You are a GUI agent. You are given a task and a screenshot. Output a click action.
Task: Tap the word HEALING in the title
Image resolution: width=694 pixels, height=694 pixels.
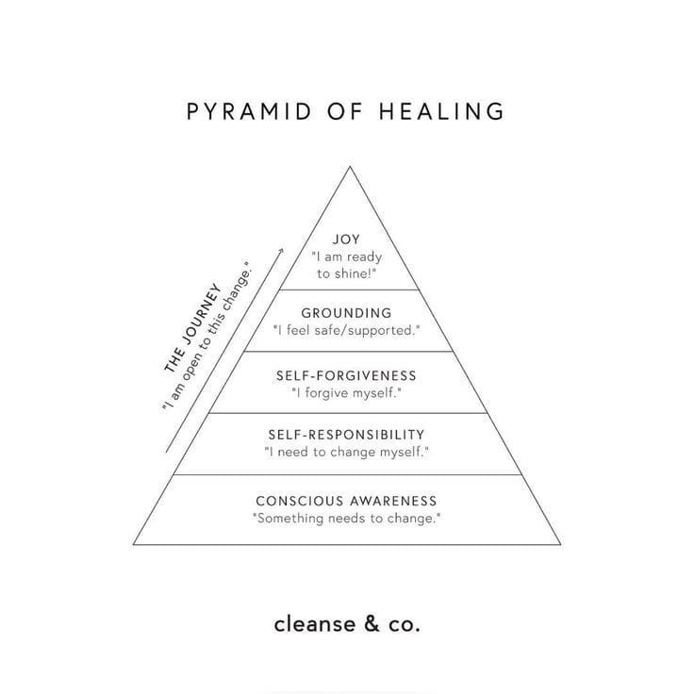[442, 111]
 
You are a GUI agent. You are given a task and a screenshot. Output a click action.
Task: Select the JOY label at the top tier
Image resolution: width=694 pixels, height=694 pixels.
[346, 240]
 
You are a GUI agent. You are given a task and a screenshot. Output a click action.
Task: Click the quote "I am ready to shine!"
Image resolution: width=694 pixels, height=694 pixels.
[346, 265]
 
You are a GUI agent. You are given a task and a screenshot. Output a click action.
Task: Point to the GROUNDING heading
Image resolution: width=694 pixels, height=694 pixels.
[346, 313]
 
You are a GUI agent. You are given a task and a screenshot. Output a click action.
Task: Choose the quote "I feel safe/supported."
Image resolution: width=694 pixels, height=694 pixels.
[346, 331]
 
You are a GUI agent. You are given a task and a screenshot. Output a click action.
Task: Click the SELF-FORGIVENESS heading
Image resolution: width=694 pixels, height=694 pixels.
[346, 375]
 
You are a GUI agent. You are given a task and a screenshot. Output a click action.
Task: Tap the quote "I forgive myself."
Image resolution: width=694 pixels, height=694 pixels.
[346, 392]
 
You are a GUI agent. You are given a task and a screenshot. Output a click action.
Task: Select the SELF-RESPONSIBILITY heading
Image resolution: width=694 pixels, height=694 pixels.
[346, 435]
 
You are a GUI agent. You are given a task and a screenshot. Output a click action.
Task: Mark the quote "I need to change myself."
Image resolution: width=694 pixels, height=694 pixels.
[346, 453]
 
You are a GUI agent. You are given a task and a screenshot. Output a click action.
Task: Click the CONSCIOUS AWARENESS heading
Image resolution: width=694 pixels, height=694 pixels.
[346, 501]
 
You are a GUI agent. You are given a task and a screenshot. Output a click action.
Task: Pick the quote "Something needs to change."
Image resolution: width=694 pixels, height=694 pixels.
[346, 519]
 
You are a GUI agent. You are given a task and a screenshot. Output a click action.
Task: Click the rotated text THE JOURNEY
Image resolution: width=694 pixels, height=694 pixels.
[192, 325]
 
